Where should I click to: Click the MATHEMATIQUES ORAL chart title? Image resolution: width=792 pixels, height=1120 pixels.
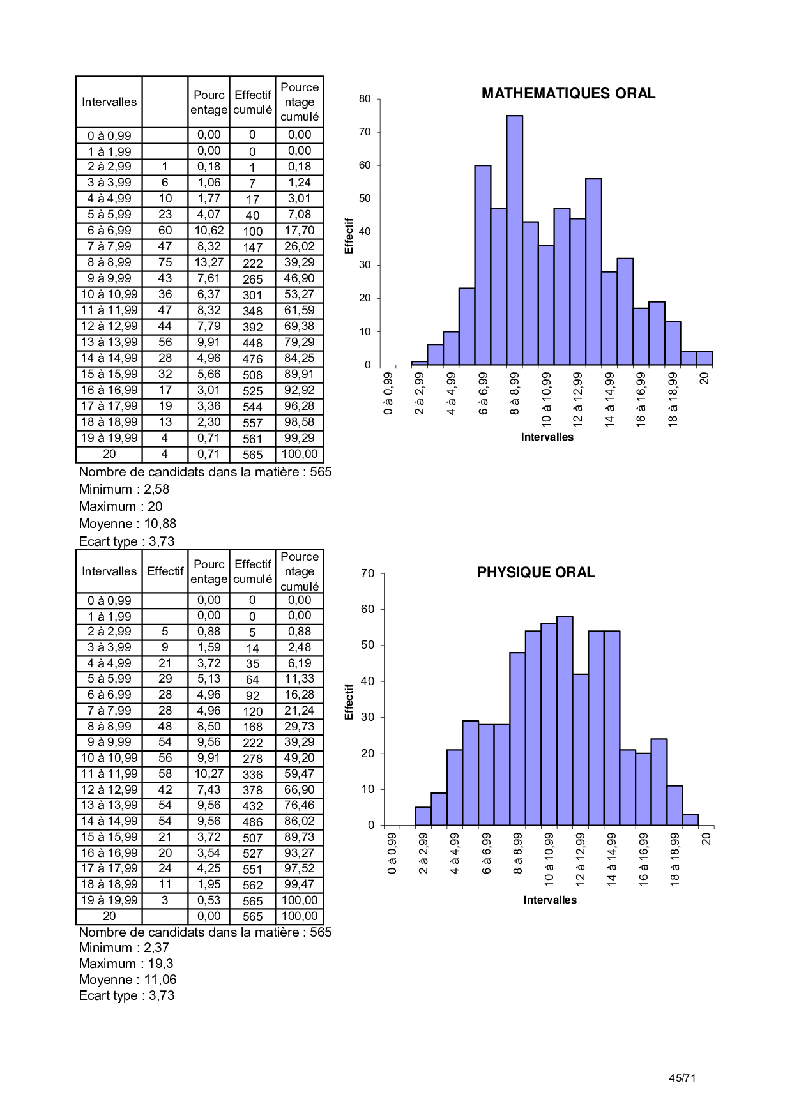point(568,94)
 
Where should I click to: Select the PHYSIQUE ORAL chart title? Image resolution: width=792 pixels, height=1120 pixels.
point(535,573)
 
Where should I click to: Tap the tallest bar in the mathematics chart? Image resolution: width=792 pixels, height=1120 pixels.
point(514,239)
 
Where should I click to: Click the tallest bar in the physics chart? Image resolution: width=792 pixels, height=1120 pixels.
point(565,720)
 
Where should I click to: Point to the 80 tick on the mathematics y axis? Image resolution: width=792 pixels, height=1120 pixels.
point(365,99)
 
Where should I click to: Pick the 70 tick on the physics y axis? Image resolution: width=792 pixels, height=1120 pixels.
point(367,573)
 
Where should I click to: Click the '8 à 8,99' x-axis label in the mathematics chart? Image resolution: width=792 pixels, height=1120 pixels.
point(515,394)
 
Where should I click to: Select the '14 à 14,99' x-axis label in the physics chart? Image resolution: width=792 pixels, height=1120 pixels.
point(612,859)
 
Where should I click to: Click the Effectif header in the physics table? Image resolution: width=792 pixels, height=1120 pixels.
point(165,571)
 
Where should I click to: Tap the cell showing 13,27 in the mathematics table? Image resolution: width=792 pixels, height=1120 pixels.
point(209,262)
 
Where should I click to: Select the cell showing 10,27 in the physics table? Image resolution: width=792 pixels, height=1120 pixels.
point(209,774)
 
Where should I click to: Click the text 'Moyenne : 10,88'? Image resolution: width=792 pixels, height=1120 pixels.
point(127,524)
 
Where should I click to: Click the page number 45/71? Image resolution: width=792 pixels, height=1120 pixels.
point(682,1078)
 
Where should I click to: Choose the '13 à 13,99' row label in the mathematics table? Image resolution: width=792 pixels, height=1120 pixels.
point(109,342)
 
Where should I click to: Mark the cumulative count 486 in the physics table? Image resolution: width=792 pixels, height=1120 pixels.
point(252,822)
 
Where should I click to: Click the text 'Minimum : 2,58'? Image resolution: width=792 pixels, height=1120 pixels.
point(124,489)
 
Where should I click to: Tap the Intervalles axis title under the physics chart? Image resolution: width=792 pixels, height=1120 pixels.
point(549,900)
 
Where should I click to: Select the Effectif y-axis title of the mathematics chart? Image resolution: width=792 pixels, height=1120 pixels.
point(349,236)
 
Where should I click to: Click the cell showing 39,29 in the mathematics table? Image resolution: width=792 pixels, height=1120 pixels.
point(299,262)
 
